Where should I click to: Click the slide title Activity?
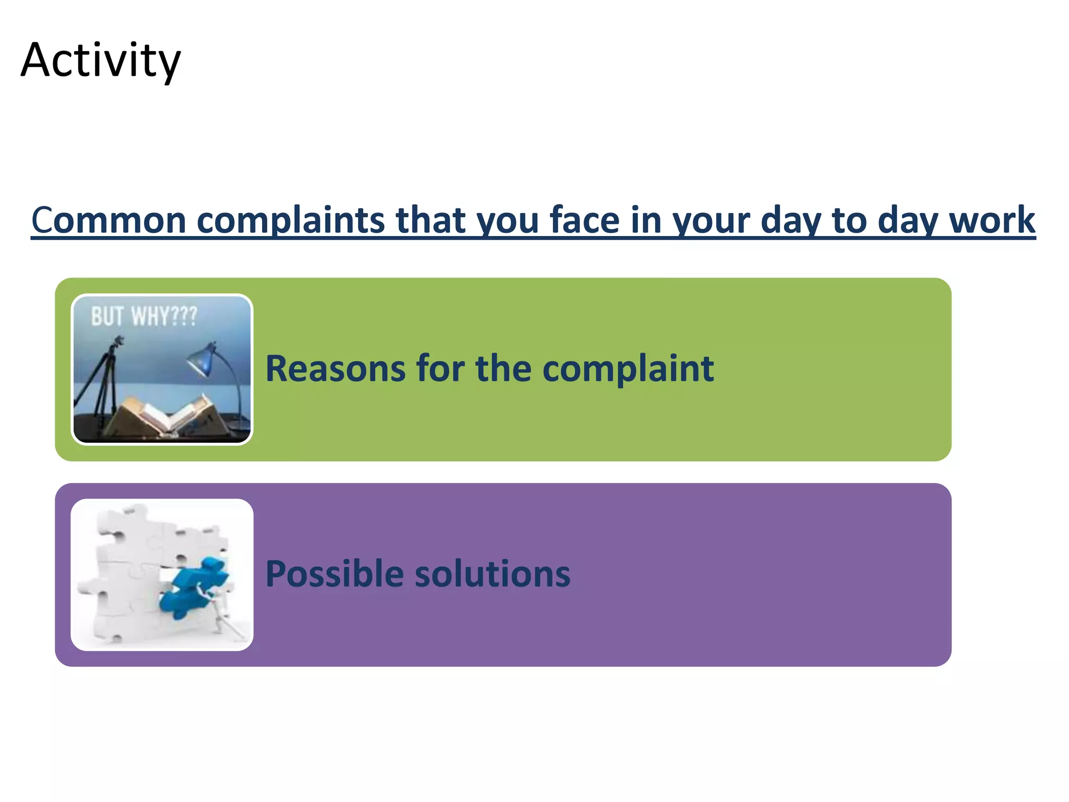click(x=101, y=61)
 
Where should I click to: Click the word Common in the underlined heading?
click(x=108, y=220)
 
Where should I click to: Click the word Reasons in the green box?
click(x=335, y=369)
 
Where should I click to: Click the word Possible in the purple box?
click(x=334, y=574)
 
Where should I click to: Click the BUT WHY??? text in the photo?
click(x=144, y=316)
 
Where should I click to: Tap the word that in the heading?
click(x=431, y=220)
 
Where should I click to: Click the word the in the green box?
click(x=504, y=369)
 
